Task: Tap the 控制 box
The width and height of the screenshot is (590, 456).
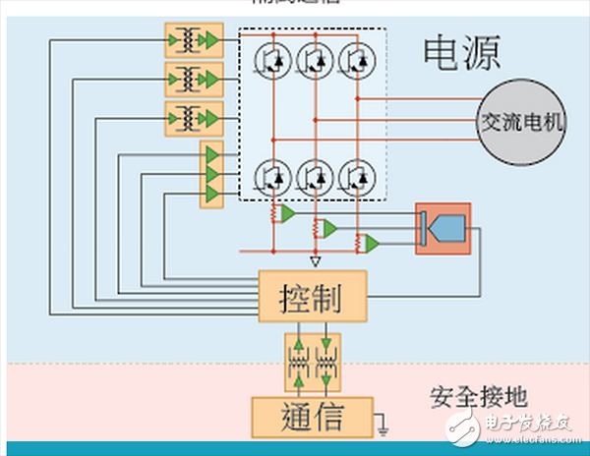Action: [312, 295]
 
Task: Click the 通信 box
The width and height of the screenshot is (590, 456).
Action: [312, 416]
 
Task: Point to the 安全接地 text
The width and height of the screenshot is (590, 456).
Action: [479, 396]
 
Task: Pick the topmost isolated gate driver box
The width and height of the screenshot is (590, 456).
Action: [195, 39]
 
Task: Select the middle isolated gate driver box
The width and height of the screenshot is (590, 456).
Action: [195, 78]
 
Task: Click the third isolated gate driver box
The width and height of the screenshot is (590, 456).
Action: [195, 116]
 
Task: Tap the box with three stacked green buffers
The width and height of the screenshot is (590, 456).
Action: [211, 174]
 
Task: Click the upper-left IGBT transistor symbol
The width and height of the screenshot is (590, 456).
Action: [270, 60]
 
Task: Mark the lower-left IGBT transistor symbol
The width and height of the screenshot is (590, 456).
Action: [270, 175]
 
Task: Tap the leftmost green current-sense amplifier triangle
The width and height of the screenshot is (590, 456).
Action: [287, 213]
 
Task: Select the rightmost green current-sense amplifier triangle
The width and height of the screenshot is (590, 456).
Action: [371, 243]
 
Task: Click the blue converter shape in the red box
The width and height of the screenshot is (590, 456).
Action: [443, 228]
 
